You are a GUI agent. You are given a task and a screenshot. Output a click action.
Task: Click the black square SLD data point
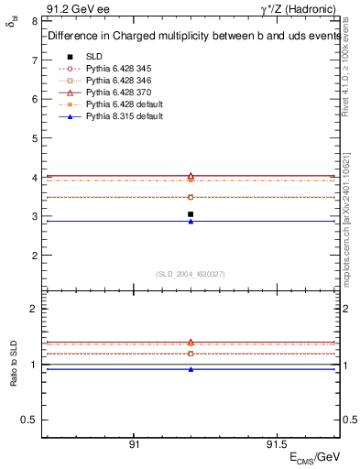tap(191, 214)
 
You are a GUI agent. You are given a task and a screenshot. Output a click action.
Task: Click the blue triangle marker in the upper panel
tap(191, 222)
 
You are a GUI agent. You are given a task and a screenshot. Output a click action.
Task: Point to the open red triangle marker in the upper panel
tap(191, 175)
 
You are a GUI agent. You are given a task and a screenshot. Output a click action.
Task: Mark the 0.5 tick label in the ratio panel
tap(30, 420)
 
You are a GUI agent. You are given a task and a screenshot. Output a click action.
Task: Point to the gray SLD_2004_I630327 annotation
tap(191, 274)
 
